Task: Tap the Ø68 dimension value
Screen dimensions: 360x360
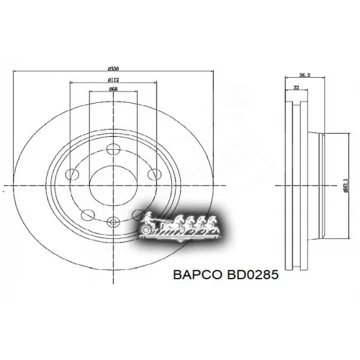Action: click(114, 89)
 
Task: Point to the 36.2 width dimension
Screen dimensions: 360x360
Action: click(304, 74)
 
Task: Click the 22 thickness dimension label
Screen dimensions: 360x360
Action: click(295, 86)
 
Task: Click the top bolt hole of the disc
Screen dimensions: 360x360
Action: click(113, 149)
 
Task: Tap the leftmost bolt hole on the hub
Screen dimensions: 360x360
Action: click(71, 174)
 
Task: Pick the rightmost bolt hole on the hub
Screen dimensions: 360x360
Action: click(153, 174)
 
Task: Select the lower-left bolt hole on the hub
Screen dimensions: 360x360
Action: click(86, 212)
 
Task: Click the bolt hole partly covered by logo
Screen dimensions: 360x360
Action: click(140, 213)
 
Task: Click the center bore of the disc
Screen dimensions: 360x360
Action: click(113, 185)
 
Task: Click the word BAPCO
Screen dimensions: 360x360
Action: click(197, 274)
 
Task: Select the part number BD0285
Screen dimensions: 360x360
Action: click(249, 274)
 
